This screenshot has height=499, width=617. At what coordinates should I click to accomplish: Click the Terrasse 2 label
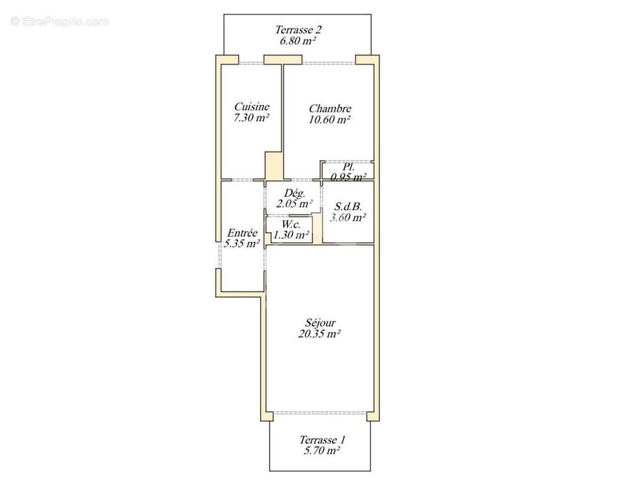pyautogui.click(x=298, y=29)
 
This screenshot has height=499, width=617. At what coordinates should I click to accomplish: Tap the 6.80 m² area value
pyautogui.click(x=298, y=41)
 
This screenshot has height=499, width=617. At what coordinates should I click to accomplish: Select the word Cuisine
pyautogui.click(x=251, y=107)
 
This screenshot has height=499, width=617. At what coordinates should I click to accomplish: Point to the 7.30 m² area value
pyautogui.click(x=251, y=118)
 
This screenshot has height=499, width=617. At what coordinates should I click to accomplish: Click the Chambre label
pyautogui.click(x=330, y=109)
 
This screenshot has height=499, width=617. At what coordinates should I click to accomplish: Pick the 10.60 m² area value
pyautogui.click(x=330, y=120)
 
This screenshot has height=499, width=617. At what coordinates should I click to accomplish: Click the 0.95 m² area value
pyautogui.click(x=348, y=177)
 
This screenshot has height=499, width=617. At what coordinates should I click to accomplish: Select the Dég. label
pyautogui.click(x=294, y=193)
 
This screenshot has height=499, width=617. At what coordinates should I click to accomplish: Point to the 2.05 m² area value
pyautogui.click(x=294, y=203)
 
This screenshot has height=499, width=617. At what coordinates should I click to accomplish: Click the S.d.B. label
pyautogui.click(x=348, y=206)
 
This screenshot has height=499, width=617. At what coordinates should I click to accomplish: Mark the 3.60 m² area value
pyautogui.click(x=348, y=218)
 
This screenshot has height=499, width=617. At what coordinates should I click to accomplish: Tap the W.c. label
pyautogui.click(x=291, y=225)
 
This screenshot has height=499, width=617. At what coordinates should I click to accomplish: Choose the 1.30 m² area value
pyautogui.click(x=291, y=235)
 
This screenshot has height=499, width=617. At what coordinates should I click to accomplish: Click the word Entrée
pyautogui.click(x=241, y=233)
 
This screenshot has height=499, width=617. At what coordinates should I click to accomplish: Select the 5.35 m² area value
pyautogui.click(x=242, y=244)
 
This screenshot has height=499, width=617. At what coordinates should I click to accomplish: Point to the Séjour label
pyautogui.click(x=320, y=322)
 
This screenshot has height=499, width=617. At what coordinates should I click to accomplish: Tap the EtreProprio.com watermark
pyautogui.click(x=60, y=21)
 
